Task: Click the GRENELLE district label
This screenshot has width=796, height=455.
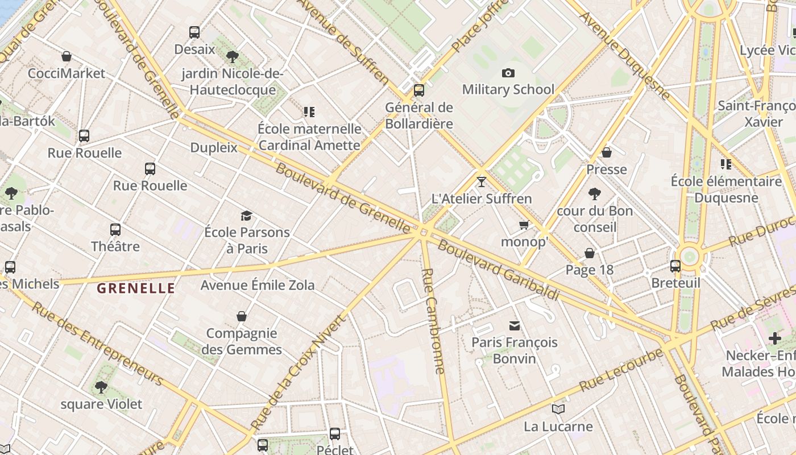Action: (x=136, y=288)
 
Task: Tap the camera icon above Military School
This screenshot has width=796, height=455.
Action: (x=508, y=73)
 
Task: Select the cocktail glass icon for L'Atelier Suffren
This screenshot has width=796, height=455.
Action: (x=482, y=182)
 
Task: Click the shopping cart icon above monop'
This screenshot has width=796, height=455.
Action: (x=524, y=225)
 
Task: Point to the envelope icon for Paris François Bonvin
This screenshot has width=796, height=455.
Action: (x=515, y=326)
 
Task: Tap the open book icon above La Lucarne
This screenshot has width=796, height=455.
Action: (x=558, y=409)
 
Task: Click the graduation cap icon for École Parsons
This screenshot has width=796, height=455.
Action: (x=246, y=216)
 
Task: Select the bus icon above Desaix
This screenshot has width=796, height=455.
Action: (x=194, y=32)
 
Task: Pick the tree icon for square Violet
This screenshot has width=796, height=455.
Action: (x=101, y=387)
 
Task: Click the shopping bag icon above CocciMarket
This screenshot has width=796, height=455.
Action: (x=67, y=56)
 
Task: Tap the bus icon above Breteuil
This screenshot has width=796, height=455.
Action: (x=675, y=266)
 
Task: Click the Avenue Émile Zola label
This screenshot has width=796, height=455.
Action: (x=258, y=285)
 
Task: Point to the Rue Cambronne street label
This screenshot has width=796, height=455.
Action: (x=433, y=321)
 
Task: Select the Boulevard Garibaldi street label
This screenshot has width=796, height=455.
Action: (x=498, y=271)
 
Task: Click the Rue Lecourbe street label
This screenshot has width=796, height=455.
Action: (x=621, y=370)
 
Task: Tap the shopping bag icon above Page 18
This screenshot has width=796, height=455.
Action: (x=590, y=253)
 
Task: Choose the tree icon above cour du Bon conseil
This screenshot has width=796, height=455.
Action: (x=595, y=194)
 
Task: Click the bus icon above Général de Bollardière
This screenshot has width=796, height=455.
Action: (x=419, y=90)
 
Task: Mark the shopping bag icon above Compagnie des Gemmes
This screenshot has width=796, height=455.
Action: (x=242, y=316)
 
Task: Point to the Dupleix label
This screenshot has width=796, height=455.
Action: (x=214, y=148)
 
